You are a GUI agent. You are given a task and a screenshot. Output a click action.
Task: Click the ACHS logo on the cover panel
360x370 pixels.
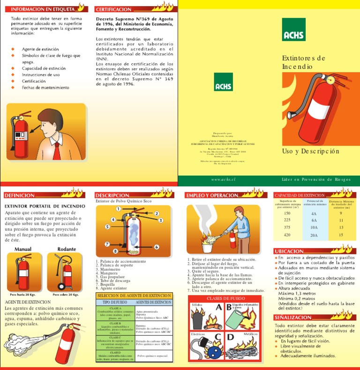pyautogui.click(x=294, y=30)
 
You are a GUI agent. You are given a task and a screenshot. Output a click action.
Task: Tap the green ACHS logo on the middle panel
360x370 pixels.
pyautogui.click(x=223, y=82)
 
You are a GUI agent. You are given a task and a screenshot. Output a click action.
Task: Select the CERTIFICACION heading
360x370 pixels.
pyautogui.click(x=113, y=9)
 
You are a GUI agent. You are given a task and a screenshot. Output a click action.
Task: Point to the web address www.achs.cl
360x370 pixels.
pyautogui.click(x=223, y=180)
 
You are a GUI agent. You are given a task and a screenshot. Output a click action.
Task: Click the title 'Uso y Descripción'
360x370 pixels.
pyautogui.click(x=310, y=151)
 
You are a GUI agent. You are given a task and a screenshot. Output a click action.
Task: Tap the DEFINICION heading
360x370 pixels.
pyautogui.click(x=19, y=195)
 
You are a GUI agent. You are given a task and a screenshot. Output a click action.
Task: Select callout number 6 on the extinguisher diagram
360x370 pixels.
pyautogui.click(x=156, y=247)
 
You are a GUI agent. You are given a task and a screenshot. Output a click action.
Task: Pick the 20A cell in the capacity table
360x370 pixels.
pyautogui.click(x=314, y=235)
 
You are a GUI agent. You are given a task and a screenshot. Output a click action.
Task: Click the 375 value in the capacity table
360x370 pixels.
pyautogui.click(x=287, y=227)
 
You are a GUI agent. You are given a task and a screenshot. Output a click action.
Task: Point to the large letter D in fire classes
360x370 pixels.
pyautogui.click(x=231, y=337)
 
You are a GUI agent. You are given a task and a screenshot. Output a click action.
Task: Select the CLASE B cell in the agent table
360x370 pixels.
pyautogui.click(x=115, y=323)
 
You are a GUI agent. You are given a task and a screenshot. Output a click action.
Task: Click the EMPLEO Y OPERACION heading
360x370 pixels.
pyautogui.click(x=212, y=195)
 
